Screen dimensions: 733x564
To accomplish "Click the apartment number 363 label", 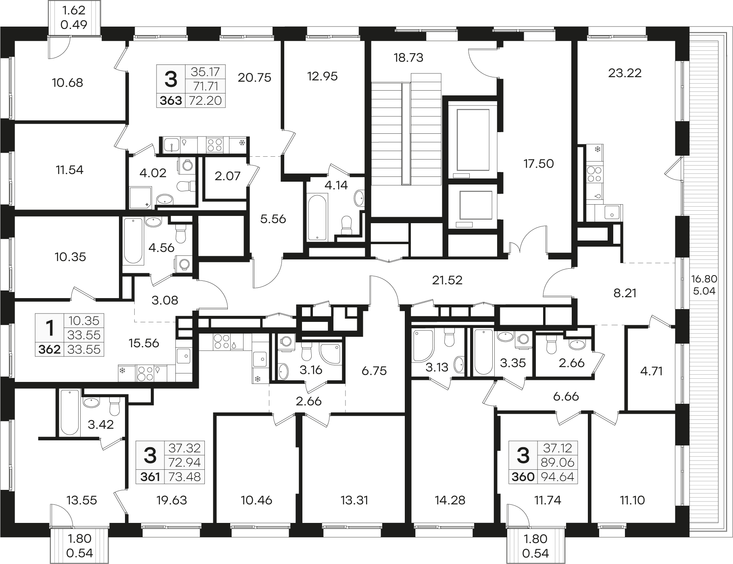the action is coord(171,100).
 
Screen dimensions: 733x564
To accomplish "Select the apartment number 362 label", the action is coord(50,349).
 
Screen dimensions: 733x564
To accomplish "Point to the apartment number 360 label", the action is coord(523,477).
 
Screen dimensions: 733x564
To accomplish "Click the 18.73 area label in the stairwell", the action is coord(408,58).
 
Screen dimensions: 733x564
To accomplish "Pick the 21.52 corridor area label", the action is coord(447,280).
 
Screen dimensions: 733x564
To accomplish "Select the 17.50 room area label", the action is coord(539,164).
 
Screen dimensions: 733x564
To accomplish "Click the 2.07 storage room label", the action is coord(227,176).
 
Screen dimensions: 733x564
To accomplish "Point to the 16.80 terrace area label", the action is coord(704,278).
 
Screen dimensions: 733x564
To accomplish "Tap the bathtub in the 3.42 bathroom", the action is coord(70,412).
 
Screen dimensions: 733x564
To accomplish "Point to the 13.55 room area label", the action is coord(82,500).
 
